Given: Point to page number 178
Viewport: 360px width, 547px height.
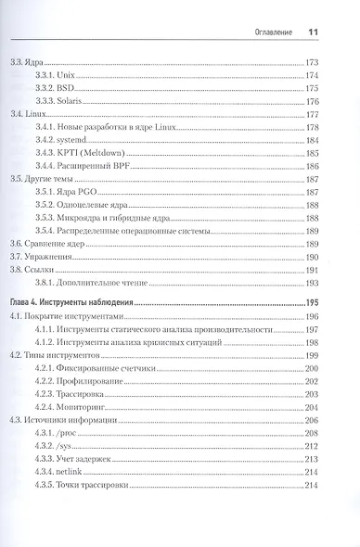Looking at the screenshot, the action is click(x=312, y=126).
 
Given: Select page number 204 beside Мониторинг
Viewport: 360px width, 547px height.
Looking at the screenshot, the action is click(x=312, y=406).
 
